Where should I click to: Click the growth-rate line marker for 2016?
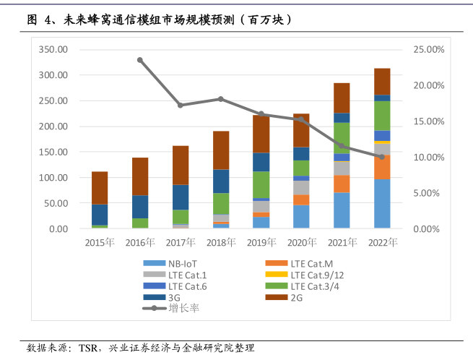click(x=140, y=60)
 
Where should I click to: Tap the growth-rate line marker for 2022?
click(x=382, y=157)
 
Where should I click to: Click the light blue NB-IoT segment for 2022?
click(x=382, y=203)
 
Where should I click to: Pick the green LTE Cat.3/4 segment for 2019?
click(x=261, y=184)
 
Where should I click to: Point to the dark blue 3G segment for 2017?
click(x=181, y=197)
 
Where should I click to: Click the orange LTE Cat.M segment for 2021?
click(x=342, y=184)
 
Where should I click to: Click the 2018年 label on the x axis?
click(x=221, y=242)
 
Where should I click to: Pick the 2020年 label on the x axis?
click(x=301, y=242)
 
